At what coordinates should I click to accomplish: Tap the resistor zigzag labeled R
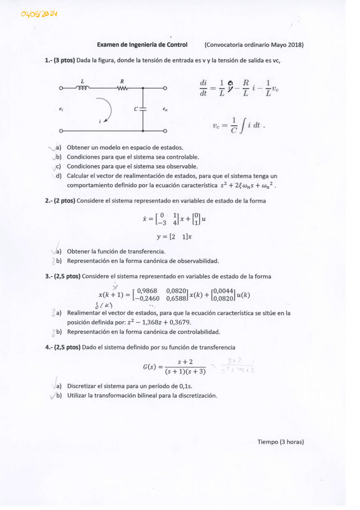click(x=123, y=88)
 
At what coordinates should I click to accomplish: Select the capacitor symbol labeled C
click(x=143, y=109)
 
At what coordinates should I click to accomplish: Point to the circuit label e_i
click(x=61, y=109)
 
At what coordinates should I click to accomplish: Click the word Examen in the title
click(x=110, y=45)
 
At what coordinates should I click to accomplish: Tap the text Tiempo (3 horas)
click(x=281, y=441)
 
